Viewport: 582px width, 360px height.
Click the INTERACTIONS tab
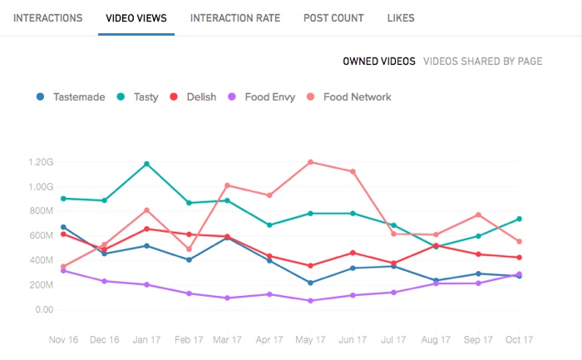coord(47,17)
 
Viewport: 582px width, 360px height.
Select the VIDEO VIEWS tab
coord(136,17)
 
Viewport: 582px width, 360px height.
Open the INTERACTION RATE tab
coord(235,17)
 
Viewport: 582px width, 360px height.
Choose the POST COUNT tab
coord(333,17)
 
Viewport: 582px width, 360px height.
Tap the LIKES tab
coord(401,17)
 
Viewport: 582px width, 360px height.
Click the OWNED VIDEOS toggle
coord(379,62)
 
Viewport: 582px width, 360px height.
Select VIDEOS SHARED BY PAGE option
coord(483,62)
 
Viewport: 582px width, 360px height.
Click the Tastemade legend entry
coord(72,97)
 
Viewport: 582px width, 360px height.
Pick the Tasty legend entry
coord(138,97)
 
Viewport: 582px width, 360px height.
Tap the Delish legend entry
coord(194,97)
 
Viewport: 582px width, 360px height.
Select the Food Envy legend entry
coord(261,97)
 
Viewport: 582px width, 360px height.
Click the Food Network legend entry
coord(349,97)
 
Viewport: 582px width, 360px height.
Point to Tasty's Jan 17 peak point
coord(147,164)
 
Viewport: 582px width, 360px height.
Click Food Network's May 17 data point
coord(310,162)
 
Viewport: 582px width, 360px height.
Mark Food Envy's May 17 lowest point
coord(310,300)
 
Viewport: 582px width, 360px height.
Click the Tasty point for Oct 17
coord(519,219)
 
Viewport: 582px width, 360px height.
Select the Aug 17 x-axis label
coord(435,339)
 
